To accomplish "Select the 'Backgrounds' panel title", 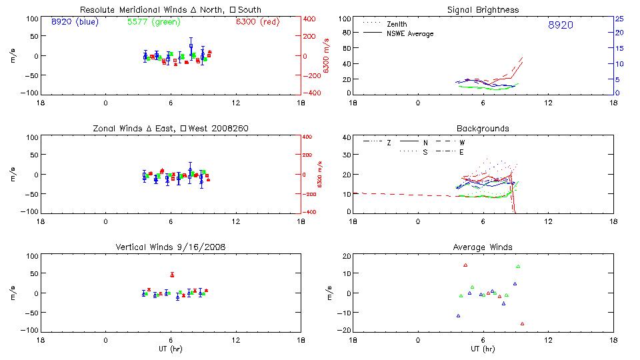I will click(483, 128).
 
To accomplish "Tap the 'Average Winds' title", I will click(483, 247).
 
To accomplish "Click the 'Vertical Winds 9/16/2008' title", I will click(171, 247).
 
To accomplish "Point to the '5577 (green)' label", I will click(154, 21).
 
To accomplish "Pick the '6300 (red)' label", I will click(257, 21).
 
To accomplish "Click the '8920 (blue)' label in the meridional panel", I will click(74, 21).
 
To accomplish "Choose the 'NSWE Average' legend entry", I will click(410, 33).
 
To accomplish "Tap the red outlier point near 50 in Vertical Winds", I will click(172, 275).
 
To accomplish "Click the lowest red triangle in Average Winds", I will click(522, 324).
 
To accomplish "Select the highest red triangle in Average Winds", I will click(465, 265).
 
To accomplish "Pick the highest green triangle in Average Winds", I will click(518, 267).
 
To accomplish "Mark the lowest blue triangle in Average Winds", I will click(458, 315).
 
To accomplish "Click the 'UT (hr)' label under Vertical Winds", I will click(171, 349).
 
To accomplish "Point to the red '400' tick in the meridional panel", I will click(309, 18).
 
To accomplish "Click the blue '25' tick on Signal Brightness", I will click(619, 18).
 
